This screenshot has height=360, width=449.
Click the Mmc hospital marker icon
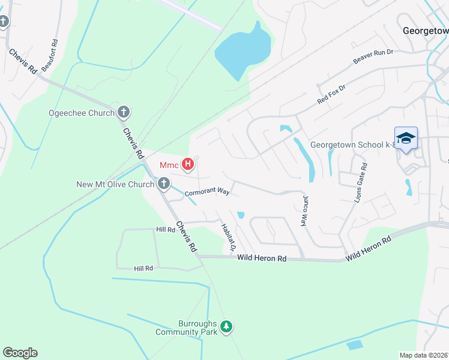[x=188, y=164]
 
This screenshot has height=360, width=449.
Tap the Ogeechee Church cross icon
[x=124, y=112]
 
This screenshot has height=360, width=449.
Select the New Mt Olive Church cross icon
[x=163, y=184]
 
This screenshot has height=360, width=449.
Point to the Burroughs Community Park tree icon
[x=226, y=327]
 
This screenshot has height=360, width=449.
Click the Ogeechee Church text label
[x=81, y=113]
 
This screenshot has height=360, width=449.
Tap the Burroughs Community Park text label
[x=185, y=327]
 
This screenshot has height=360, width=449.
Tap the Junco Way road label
[x=306, y=210]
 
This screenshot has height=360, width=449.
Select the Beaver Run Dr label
[x=373, y=57]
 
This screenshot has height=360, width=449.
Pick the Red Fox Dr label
[x=332, y=95]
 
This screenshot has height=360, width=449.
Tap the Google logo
[x=20, y=353]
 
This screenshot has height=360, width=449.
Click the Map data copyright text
[x=424, y=355]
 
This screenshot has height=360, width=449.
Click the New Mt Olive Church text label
[x=116, y=184]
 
